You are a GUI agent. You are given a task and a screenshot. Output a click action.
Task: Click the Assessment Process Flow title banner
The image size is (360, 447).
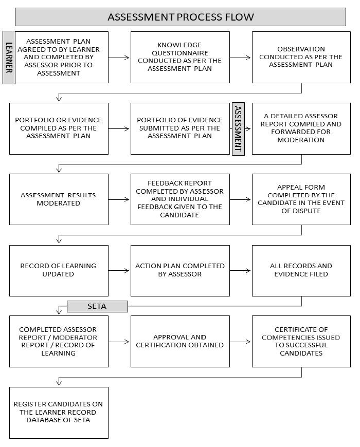(x=180, y=17)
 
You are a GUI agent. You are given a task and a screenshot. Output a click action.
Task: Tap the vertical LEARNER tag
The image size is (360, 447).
(x=9, y=57)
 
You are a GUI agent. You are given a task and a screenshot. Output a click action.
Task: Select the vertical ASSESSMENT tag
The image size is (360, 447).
(x=238, y=129)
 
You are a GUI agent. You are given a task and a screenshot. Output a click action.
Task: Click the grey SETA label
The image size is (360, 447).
(x=97, y=306)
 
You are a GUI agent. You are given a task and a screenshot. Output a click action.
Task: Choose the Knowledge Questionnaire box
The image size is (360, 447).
(x=180, y=57)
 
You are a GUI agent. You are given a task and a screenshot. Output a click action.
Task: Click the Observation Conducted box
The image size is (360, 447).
(x=301, y=57)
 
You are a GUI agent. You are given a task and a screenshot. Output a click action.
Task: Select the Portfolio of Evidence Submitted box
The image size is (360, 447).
(x=180, y=128)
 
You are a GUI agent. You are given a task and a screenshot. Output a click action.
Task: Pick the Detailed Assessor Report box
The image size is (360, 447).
(x=301, y=128)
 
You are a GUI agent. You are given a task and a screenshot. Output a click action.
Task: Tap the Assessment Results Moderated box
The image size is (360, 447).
(x=59, y=199)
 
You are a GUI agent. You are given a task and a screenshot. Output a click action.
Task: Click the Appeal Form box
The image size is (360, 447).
(x=301, y=199)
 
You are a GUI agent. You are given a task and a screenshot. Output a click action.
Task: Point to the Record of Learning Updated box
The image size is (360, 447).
(x=59, y=270)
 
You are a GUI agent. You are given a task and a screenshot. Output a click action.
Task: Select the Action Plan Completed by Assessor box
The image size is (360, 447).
(x=180, y=270)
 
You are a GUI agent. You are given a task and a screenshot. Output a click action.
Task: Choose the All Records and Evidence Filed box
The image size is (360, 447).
(x=301, y=270)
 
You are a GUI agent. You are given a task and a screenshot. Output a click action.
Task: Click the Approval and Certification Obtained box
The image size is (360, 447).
(x=180, y=341)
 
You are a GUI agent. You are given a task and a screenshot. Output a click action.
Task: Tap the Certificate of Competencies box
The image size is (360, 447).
(x=301, y=341)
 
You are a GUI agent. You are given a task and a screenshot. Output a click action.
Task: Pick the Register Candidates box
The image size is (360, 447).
(x=59, y=413)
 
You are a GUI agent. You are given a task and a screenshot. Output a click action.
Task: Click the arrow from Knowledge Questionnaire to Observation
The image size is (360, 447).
(x=241, y=58)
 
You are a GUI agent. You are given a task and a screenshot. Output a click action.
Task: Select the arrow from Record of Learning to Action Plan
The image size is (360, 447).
(x=119, y=270)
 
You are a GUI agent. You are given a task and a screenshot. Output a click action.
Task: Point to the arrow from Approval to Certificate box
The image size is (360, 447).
(x=241, y=341)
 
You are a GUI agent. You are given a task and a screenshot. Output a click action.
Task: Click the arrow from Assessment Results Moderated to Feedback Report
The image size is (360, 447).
(x=119, y=199)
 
